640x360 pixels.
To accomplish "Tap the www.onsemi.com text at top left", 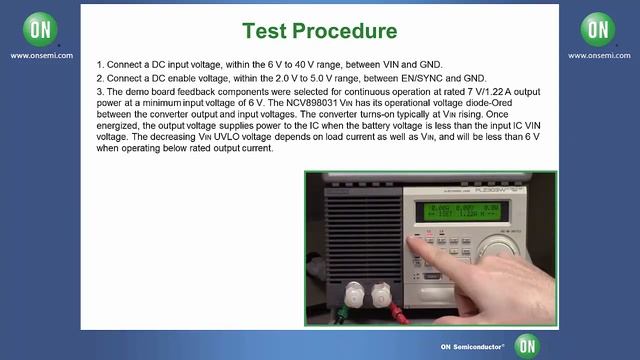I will (39, 56).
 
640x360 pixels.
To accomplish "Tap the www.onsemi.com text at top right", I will (599, 56).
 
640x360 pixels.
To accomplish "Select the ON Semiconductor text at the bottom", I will (475, 347).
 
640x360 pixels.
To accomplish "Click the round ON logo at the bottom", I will (527, 345).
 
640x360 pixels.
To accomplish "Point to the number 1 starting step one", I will (99, 63).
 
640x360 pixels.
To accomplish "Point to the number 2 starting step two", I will (99, 77).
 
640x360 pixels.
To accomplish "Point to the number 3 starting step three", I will (99, 91).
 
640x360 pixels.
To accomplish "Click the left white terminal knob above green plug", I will (351, 294).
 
